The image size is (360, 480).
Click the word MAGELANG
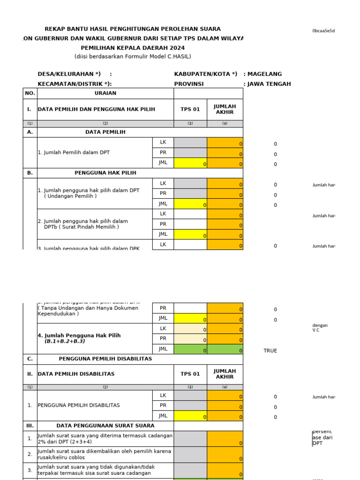click(x=265, y=74)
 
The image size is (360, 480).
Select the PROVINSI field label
click(x=189, y=84)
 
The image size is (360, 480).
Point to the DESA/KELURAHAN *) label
click(x=69, y=74)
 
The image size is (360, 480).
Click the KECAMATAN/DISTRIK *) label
click(x=75, y=84)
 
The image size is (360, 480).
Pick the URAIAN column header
click(x=105, y=93)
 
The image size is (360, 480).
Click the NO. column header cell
click(x=30, y=93)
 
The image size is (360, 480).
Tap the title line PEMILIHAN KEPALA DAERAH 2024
click(x=133, y=48)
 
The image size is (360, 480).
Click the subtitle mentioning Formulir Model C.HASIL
click(x=133, y=57)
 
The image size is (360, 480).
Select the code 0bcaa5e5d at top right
click(x=323, y=31)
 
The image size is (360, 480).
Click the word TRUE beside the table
click(x=270, y=351)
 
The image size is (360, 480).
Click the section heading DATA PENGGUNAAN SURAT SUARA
click(x=105, y=426)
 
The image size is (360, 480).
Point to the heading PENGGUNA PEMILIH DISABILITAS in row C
click(x=105, y=359)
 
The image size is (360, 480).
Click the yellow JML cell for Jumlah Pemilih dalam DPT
click(x=190, y=163)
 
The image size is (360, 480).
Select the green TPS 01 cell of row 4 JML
click(x=190, y=349)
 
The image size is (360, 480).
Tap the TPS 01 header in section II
click(x=190, y=374)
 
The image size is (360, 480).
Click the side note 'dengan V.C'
click(x=320, y=327)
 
